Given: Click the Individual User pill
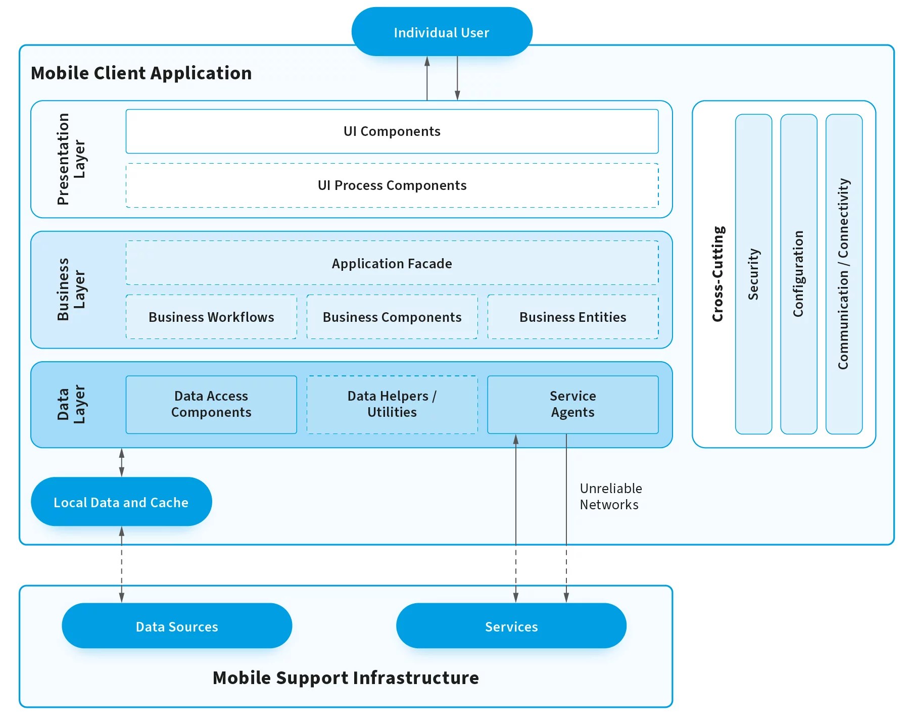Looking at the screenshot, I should (x=442, y=32).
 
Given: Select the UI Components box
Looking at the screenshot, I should (x=392, y=131).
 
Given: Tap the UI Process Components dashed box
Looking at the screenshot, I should (x=392, y=185).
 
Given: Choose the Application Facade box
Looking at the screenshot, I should (x=392, y=263).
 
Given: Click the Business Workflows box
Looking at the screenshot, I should (x=211, y=317).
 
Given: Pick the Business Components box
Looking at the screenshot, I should (x=392, y=317).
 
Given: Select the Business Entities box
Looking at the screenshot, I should (x=572, y=317).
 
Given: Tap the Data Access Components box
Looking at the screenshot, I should (x=211, y=404).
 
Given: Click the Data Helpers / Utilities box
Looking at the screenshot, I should (x=392, y=404).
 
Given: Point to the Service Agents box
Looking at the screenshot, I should (x=572, y=404).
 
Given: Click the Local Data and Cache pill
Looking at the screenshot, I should (x=121, y=502).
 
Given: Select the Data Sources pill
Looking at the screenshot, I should (x=177, y=626).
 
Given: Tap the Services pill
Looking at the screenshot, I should (x=511, y=626).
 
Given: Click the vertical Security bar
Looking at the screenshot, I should (x=753, y=274).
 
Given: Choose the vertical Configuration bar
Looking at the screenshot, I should (x=798, y=274).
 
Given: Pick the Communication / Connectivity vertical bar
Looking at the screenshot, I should (x=844, y=274).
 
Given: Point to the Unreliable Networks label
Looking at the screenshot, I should (x=610, y=496).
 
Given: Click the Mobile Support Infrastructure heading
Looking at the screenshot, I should (x=346, y=677).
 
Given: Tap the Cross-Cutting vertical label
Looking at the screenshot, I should (x=718, y=274).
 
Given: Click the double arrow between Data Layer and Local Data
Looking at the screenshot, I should (x=121, y=462).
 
